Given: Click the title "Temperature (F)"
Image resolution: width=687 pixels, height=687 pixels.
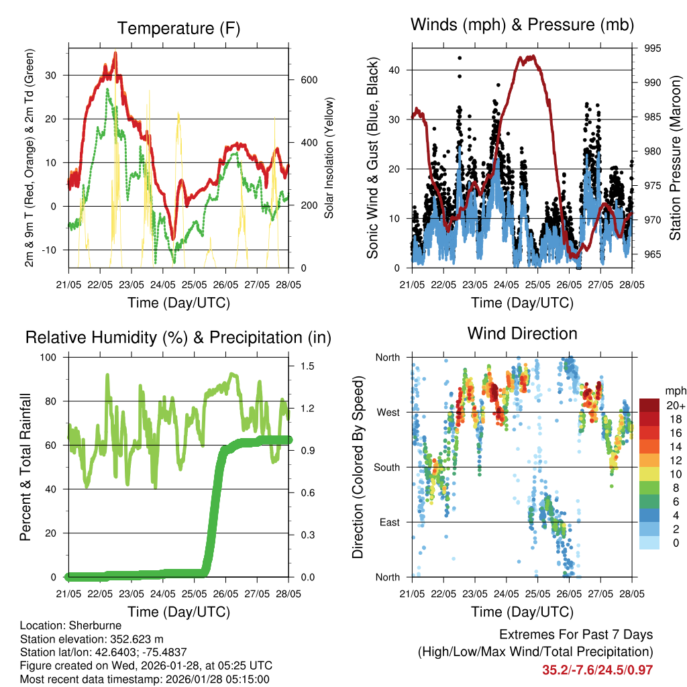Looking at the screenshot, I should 178,28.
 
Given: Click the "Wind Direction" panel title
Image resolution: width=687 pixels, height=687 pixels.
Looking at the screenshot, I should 522,333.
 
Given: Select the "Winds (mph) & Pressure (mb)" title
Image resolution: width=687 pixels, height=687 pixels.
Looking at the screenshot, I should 522,25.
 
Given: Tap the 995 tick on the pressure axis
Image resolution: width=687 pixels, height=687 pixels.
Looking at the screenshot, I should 653,48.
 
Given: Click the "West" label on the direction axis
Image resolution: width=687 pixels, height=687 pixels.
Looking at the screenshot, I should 388,412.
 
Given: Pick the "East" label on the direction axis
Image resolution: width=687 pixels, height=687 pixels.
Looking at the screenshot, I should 388,522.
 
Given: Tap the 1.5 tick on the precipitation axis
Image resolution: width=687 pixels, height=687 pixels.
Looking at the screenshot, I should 308,366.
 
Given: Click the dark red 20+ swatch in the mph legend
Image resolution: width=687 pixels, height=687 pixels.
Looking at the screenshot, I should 650,405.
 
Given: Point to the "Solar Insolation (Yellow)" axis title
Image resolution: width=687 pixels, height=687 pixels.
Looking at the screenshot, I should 329,158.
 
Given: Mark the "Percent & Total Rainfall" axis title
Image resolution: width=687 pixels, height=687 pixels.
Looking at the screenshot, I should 25,467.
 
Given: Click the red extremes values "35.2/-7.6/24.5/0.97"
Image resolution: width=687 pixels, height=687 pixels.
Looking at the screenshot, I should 597,670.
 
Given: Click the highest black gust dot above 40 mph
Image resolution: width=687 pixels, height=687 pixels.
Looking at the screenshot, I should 460,58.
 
